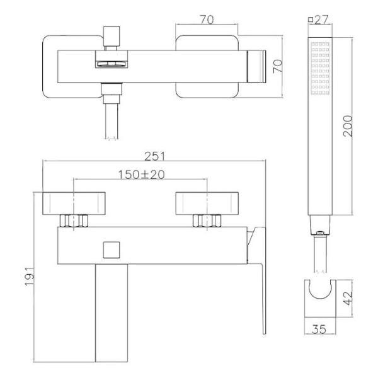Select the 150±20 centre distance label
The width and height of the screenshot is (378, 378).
pos(140,175)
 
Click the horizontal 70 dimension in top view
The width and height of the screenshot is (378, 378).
pos(205,20)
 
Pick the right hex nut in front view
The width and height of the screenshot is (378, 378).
pos(207,221)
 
